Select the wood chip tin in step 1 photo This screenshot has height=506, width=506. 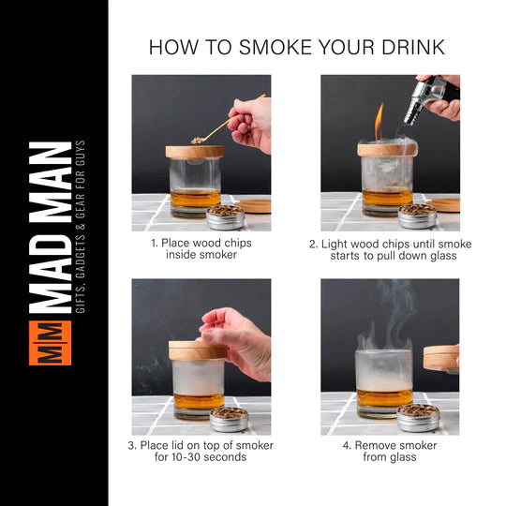click(225, 217)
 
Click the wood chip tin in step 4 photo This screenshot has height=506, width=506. click(417, 418)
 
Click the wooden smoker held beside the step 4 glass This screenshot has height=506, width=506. click(440, 357)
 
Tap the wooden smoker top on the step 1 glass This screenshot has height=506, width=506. click(195, 150)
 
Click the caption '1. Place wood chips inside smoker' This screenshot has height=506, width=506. click(201, 248)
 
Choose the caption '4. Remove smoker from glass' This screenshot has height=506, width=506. click(390, 451)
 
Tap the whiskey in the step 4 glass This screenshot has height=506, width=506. click(384, 397)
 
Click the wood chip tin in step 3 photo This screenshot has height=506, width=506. click(228, 419)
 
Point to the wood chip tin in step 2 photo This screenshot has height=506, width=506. click(417, 216)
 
